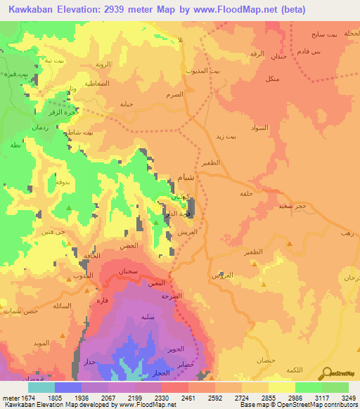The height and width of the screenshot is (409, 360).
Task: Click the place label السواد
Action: tap(259, 128)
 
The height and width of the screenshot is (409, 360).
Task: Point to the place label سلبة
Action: tap(148, 316)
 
